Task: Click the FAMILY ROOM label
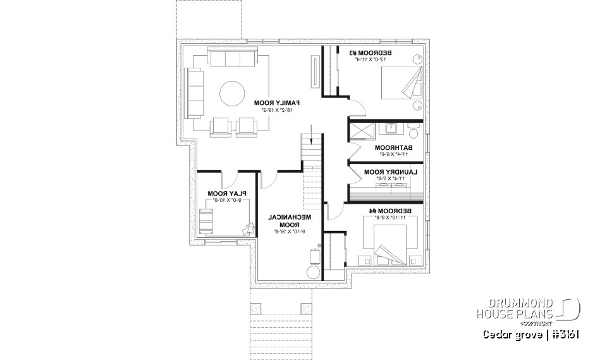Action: [x=276, y=102]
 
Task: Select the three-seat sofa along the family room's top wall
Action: [x=231, y=60]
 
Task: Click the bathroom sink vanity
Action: [x=387, y=129]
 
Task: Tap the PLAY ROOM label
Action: [x=226, y=194]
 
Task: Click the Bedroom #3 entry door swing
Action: [x=357, y=108]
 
